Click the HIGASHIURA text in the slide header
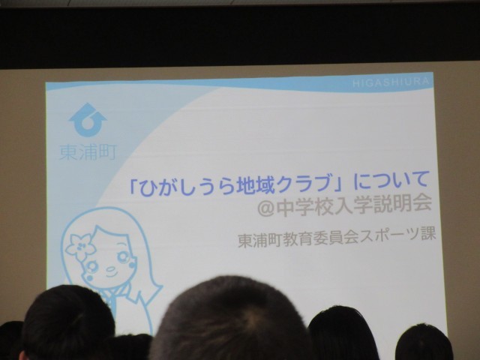[x=391, y=82]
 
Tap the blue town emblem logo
[x=88, y=120]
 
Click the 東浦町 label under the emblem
[x=88, y=151]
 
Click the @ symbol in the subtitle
[x=265, y=208]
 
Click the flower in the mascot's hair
[x=80, y=247]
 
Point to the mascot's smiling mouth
[x=111, y=271]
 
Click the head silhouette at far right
[x=424, y=342]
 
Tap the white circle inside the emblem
[x=88, y=122]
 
